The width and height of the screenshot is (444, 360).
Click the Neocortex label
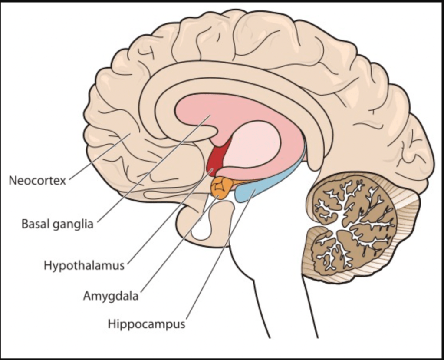[x=37, y=180]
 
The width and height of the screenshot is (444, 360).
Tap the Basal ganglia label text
[x=57, y=225]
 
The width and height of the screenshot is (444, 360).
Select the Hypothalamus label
[x=84, y=265]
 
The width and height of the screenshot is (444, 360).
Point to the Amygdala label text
[x=111, y=297]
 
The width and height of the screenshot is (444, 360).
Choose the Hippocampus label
[x=146, y=324]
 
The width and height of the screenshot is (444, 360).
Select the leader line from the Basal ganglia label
[x=152, y=169]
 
